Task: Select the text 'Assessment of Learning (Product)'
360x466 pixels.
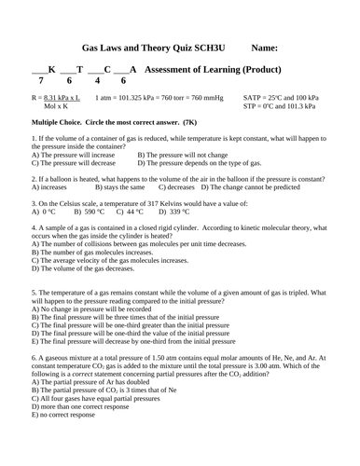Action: point(226,70)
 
